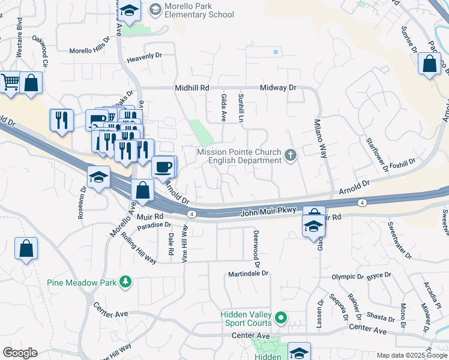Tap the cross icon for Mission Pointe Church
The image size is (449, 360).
point(291,156)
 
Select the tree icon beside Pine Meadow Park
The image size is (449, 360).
point(125,281)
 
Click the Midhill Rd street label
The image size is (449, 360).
point(191,88)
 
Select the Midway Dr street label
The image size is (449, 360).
point(279,88)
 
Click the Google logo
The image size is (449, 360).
point(20,353)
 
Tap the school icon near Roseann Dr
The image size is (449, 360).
point(98,176)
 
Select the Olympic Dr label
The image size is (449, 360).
point(348,277)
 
